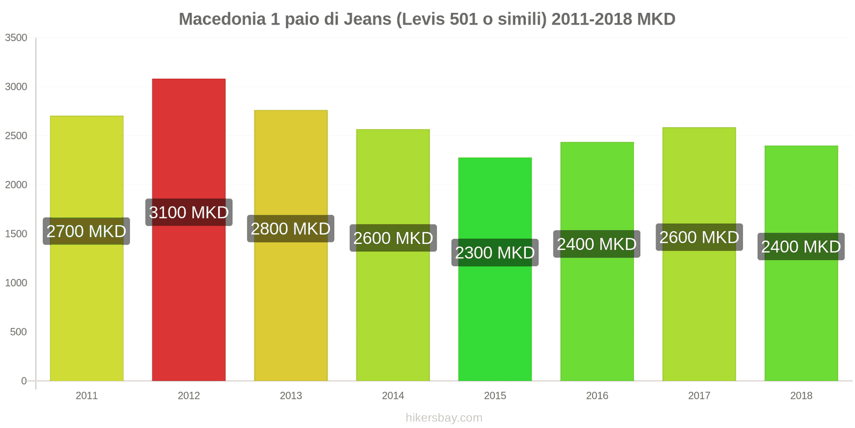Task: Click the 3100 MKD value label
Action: [189, 212]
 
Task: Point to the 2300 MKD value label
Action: [495, 253]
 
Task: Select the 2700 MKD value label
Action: [86, 231]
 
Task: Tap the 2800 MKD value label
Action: [291, 229]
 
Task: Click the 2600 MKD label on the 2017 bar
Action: [699, 238]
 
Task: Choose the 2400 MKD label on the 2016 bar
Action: [596, 244]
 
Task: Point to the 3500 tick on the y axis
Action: [16, 38]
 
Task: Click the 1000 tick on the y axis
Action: [16, 283]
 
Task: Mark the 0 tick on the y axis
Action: [24, 381]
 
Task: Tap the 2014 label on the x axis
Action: [393, 396]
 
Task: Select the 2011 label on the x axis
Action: [87, 396]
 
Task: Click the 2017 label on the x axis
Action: [699, 396]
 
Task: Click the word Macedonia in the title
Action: [222, 19]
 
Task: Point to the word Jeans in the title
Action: [367, 19]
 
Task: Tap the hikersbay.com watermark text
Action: [444, 418]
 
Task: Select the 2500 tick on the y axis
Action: [16, 136]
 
